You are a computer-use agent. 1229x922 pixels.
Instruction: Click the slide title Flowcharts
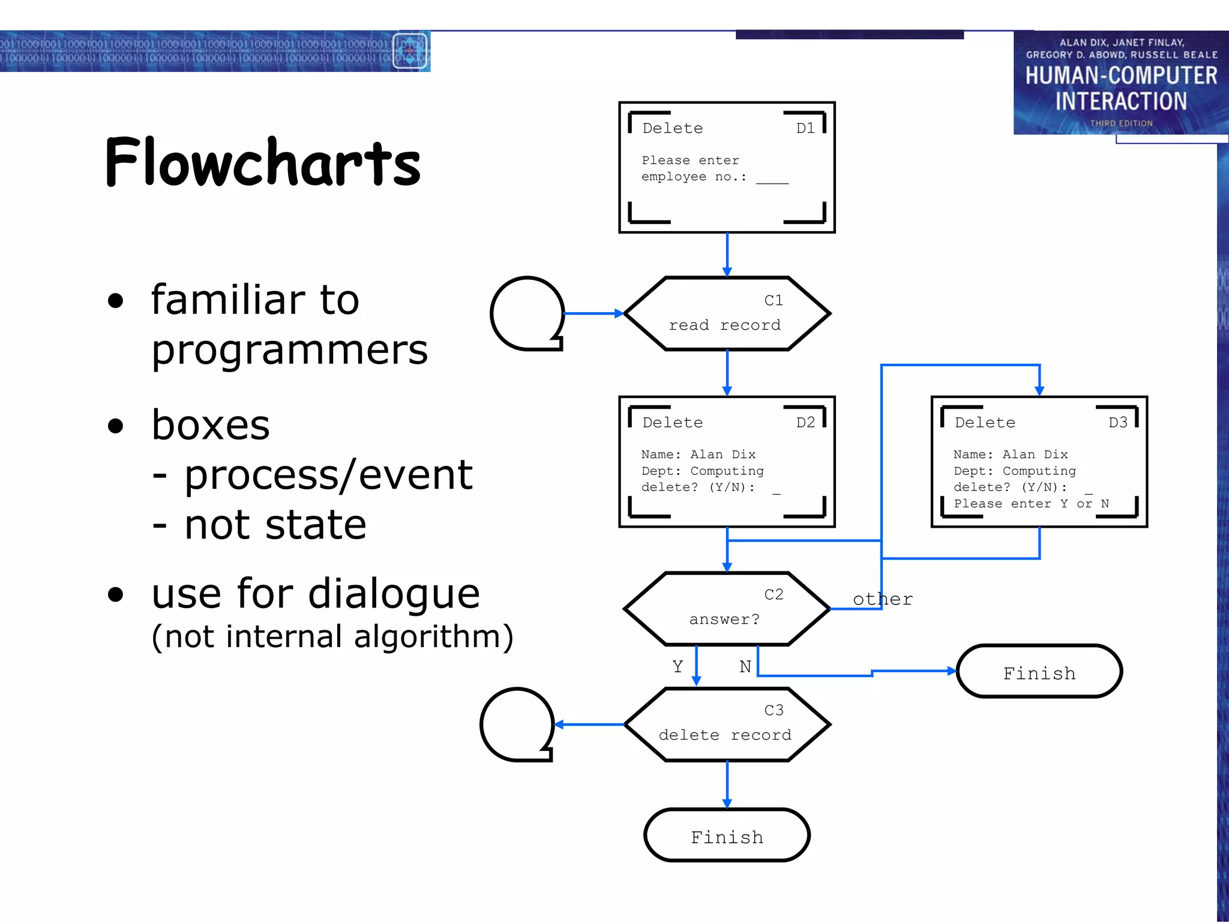point(263,162)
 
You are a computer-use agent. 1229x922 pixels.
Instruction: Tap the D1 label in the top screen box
point(805,128)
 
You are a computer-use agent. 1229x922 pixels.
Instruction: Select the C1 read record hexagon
point(727,313)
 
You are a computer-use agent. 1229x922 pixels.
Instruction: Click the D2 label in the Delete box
point(805,423)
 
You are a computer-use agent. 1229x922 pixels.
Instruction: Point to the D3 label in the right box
point(1117,423)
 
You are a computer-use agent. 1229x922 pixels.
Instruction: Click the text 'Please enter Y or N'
point(1031,504)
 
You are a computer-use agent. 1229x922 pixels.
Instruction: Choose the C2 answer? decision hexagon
point(727,609)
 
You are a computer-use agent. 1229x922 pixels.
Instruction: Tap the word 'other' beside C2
point(883,599)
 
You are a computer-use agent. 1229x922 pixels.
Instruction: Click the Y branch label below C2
point(678,667)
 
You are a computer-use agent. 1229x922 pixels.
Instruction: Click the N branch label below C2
point(745,667)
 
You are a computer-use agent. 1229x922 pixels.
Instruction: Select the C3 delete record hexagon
point(727,725)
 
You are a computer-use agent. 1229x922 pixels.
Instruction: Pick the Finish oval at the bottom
point(727,836)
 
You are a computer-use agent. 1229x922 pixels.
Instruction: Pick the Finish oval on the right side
point(1039,672)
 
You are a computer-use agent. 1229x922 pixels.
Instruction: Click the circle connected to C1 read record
point(527,313)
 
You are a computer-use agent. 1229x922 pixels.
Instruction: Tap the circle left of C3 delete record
point(517,725)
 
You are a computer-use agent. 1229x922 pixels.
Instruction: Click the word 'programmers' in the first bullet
point(289,350)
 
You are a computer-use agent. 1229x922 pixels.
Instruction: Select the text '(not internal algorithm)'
point(332,637)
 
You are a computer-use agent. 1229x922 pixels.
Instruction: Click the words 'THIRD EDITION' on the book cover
point(1121,124)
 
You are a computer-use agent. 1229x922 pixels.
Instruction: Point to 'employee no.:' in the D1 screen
point(694,177)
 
